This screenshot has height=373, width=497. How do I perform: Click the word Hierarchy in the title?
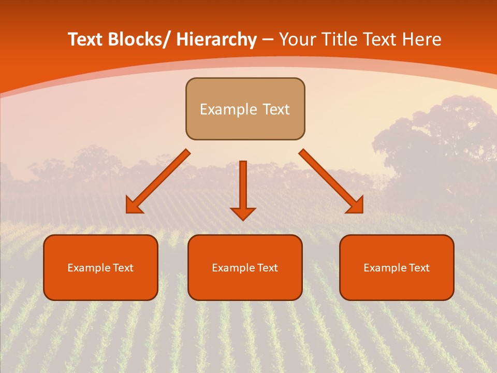tap(216, 39)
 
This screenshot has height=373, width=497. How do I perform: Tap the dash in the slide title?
tap(268, 40)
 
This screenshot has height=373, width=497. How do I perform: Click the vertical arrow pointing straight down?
tap(243, 189)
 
